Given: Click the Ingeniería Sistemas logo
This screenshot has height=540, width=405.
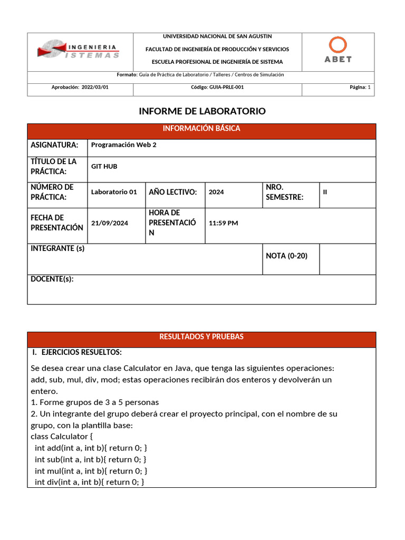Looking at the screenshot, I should pyautogui.click(x=79, y=51).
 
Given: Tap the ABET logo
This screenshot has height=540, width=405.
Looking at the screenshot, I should pyautogui.click(x=337, y=51).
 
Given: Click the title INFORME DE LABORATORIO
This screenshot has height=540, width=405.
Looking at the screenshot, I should pyautogui.click(x=202, y=111).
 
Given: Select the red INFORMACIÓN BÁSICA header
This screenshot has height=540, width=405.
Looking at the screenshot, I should pyautogui.click(x=201, y=129).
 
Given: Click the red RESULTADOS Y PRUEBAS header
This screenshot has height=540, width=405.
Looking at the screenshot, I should pyautogui.click(x=201, y=337).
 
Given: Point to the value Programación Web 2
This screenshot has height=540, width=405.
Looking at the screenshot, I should pyautogui.click(x=124, y=145).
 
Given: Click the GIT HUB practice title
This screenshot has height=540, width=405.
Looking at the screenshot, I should pyautogui.click(x=104, y=167).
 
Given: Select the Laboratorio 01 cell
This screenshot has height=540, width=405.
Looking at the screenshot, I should pyautogui.click(x=114, y=192).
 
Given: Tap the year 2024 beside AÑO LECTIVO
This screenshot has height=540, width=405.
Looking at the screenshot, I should pyautogui.click(x=216, y=192).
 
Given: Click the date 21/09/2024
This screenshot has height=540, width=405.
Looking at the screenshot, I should pyautogui.click(x=110, y=223).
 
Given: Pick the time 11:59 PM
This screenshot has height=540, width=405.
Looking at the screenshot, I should pyautogui.click(x=223, y=223).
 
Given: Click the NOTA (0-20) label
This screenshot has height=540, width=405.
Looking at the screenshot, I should pyautogui.click(x=286, y=256).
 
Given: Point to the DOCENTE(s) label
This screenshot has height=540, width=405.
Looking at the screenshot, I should pyautogui.click(x=52, y=279).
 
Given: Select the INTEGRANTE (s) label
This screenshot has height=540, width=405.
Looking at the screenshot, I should pyautogui.click(x=57, y=248).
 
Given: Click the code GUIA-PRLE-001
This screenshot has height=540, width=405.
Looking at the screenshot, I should pyautogui.click(x=217, y=88).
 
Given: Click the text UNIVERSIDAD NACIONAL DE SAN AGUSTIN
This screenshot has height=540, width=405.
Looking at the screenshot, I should pyautogui.click(x=217, y=36).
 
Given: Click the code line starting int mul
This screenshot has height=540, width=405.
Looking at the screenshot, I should pyautogui.click(x=91, y=471).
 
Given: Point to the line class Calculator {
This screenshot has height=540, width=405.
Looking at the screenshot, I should pyautogui.click(x=62, y=437).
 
